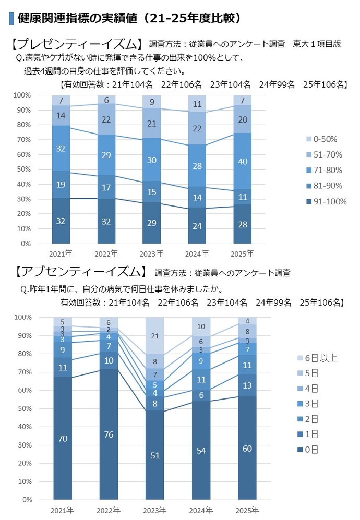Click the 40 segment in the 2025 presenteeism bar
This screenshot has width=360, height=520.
point(242,162)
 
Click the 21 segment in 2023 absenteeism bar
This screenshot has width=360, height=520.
point(155,336)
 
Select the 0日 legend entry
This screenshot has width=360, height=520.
point(312,450)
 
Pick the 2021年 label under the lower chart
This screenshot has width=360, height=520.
point(62,510)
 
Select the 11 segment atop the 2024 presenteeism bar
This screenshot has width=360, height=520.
point(197,104)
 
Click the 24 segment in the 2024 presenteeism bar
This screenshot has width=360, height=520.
point(197,226)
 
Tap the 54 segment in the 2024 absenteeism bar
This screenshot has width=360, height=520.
point(201,450)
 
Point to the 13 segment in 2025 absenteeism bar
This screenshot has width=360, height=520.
point(247,385)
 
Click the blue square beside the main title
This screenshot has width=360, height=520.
point(11,18)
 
